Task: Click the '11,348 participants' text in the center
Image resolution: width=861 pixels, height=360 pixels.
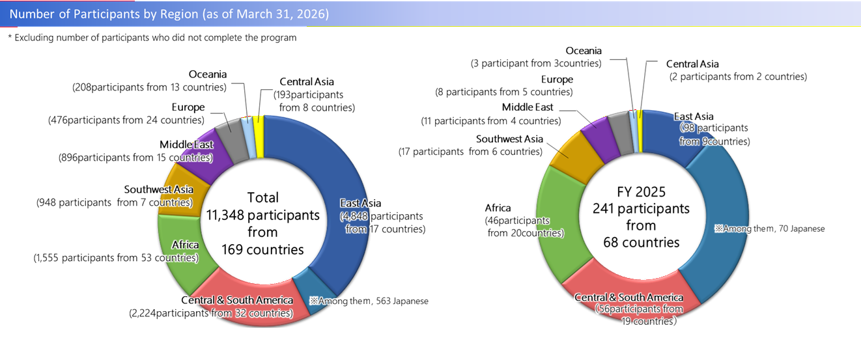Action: pyautogui.click(x=262, y=215)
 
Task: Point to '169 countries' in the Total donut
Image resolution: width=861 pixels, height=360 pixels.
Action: pyautogui.click(x=262, y=249)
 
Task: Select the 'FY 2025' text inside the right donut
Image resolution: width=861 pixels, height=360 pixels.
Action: pyautogui.click(x=641, y=192)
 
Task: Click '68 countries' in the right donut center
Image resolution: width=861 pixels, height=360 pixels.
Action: pyautogui.click(x=641, y=242)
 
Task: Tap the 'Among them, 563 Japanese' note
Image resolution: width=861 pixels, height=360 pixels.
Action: pyautogui.click(x=369, y=301)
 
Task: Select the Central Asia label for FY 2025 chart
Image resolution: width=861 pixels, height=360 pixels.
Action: pyautogui.click(x=692, y=64)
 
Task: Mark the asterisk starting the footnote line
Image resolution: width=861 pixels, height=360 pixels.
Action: pyautogui.click(x=10, y=38)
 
